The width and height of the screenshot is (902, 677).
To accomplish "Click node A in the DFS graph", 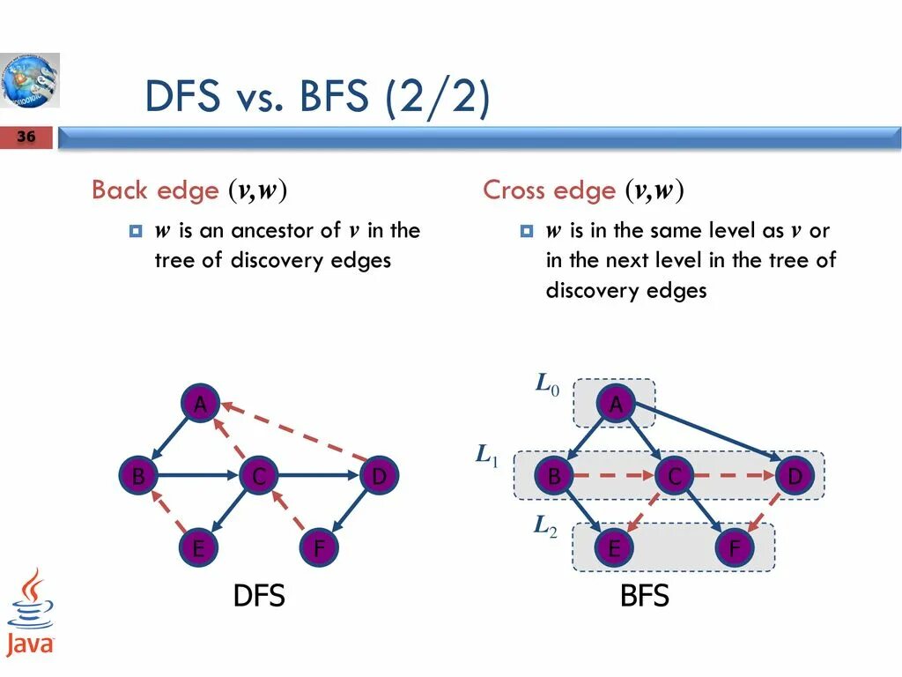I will [x=201, y=405].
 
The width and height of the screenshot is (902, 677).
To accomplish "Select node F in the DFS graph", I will [x=319, y=549].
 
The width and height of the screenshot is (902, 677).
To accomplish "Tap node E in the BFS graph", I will [x=615, y=549].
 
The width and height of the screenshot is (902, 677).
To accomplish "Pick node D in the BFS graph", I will [x=795, y=477].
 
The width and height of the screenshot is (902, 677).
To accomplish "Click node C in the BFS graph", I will [x=675, y=477].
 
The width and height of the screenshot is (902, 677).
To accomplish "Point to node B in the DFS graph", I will [x=139, y=477].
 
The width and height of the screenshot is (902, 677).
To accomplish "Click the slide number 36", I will [x=26, y=137].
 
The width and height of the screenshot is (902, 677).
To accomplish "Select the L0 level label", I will [x=547, y=384].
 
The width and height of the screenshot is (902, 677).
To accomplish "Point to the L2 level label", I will [x=545, y=527].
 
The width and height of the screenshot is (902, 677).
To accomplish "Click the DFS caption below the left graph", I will [x=259, y=596].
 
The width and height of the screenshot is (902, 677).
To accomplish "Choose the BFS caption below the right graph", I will [x=645, y=596].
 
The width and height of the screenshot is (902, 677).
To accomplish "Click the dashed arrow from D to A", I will [x=296, y=431].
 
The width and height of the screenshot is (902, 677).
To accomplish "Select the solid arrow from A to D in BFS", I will [x=705, y=431].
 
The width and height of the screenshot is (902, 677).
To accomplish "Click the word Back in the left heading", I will [x=121, y=190].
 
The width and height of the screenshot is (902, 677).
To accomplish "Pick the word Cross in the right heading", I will [x=514, y=190].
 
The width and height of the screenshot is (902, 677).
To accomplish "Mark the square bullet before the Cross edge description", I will [x=527, y=232].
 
